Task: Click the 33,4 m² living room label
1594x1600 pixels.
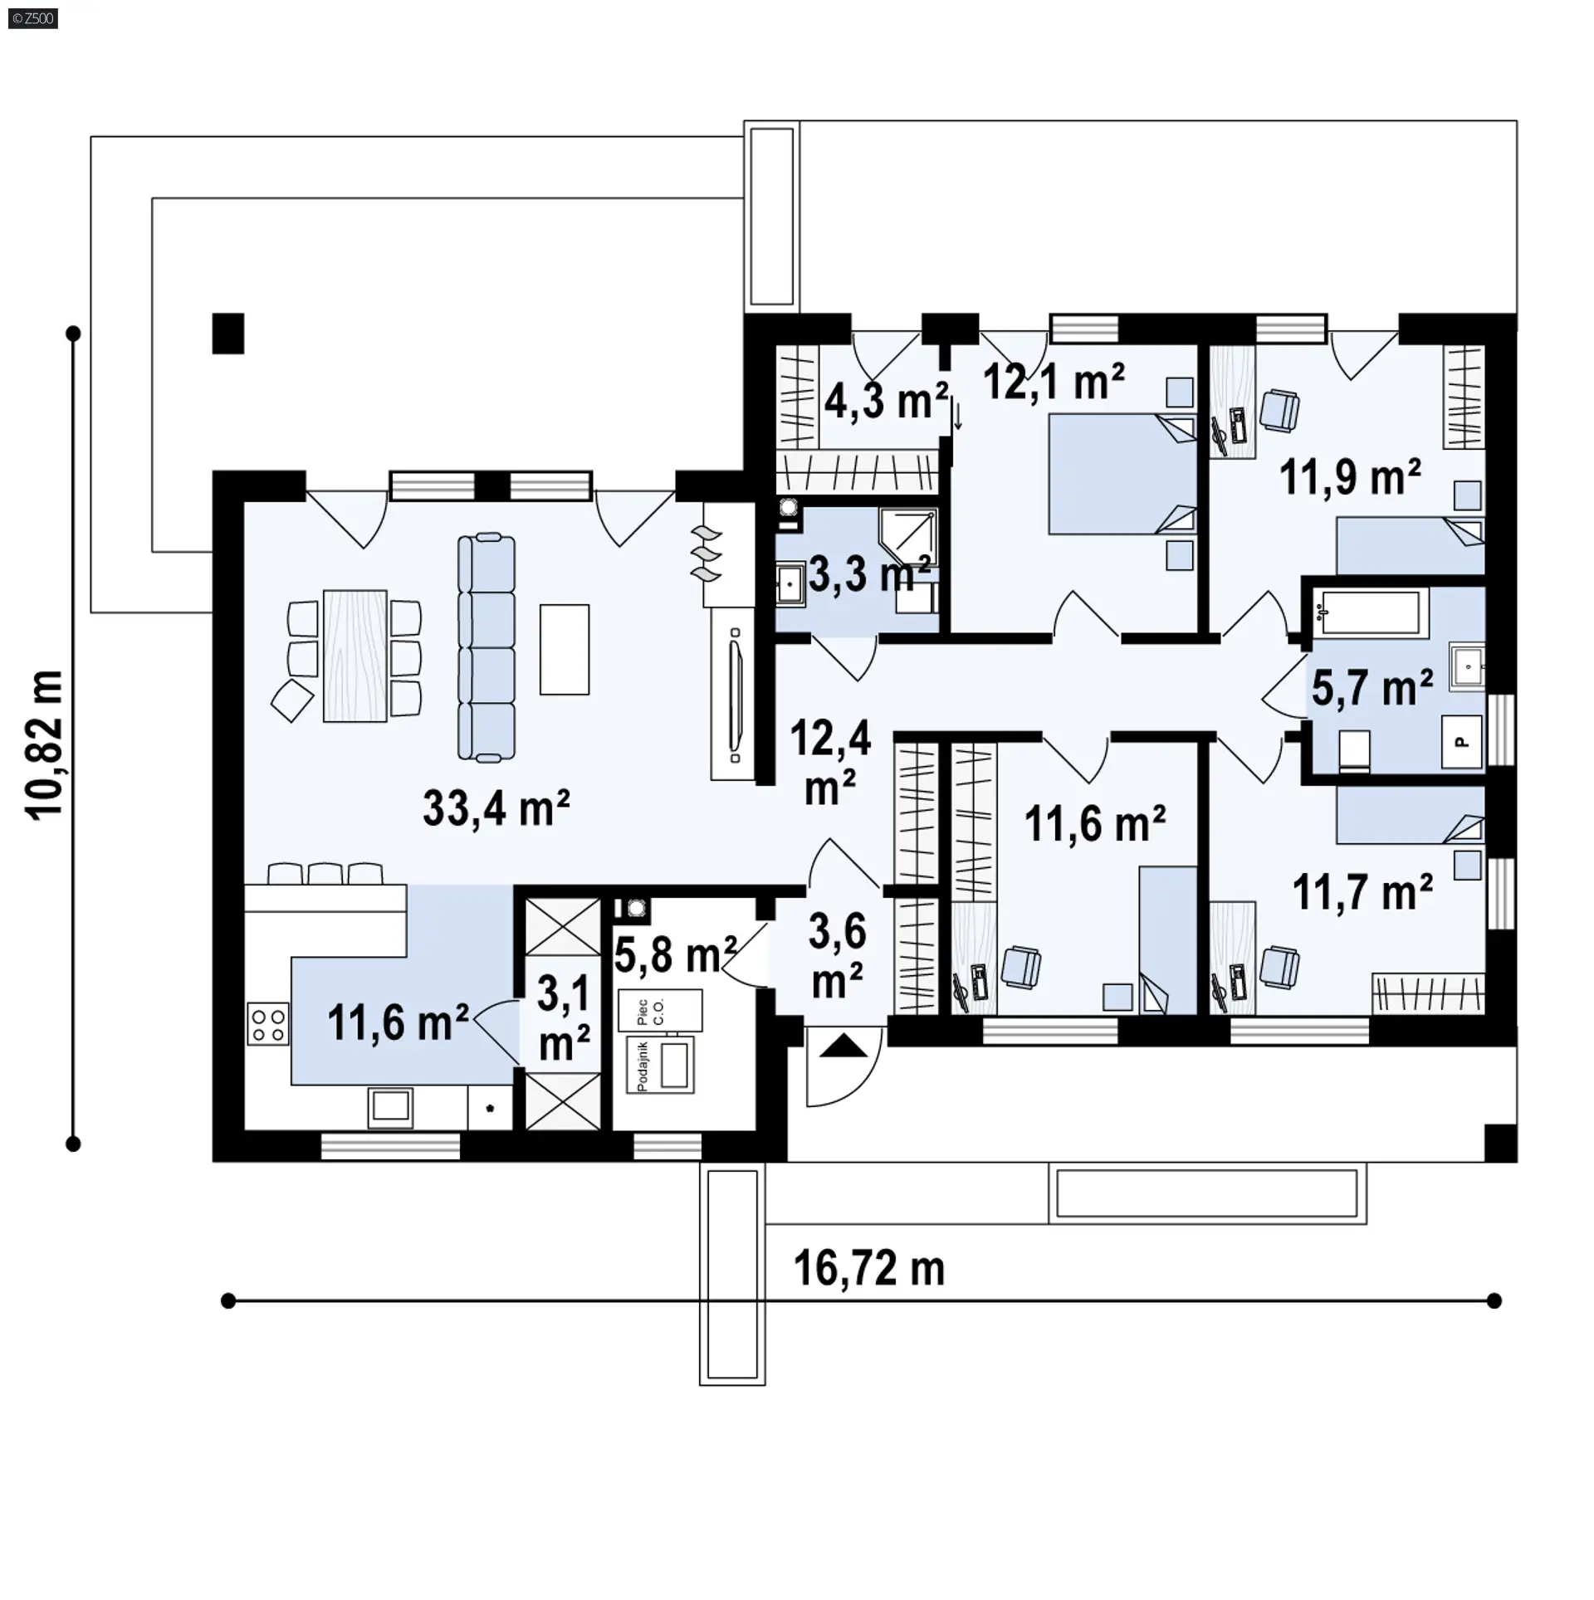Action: coord(496,807)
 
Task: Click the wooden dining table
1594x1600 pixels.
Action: coord(354,656)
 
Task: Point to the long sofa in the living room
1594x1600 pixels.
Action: coord(487,648)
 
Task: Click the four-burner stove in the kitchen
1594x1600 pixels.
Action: coord(268,1024)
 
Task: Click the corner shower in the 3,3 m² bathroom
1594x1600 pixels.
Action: coord(908,538)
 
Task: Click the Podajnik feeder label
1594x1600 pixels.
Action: coord(642,1066)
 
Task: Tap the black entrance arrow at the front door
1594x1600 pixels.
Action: coord(843,1046)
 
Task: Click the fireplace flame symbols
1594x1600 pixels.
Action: coord(707,552)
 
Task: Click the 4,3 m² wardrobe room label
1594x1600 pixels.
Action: coord(886,402)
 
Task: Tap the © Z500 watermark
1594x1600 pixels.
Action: coord(33,18)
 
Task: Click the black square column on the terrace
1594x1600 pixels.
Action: coord(227,334)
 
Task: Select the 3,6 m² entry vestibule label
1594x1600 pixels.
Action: coord(837,956)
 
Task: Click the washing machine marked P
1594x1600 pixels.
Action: coord(1461,742)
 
